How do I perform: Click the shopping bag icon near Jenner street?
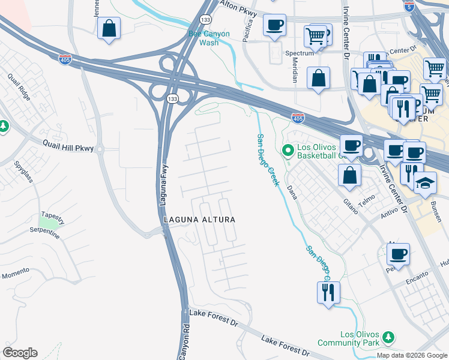[x=109, y=28]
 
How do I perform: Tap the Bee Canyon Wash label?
[x=209, y=38]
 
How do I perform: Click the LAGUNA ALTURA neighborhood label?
[x=199, y=220]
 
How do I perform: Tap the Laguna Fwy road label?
[x=162, y=187]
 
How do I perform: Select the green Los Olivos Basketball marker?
[x=287, y=149]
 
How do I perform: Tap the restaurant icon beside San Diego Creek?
[x=328, y=292]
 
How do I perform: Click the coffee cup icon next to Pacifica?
[x=274, y=25]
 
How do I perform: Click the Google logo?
[x=20, y=352]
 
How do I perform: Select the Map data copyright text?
[x=411, y=355]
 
